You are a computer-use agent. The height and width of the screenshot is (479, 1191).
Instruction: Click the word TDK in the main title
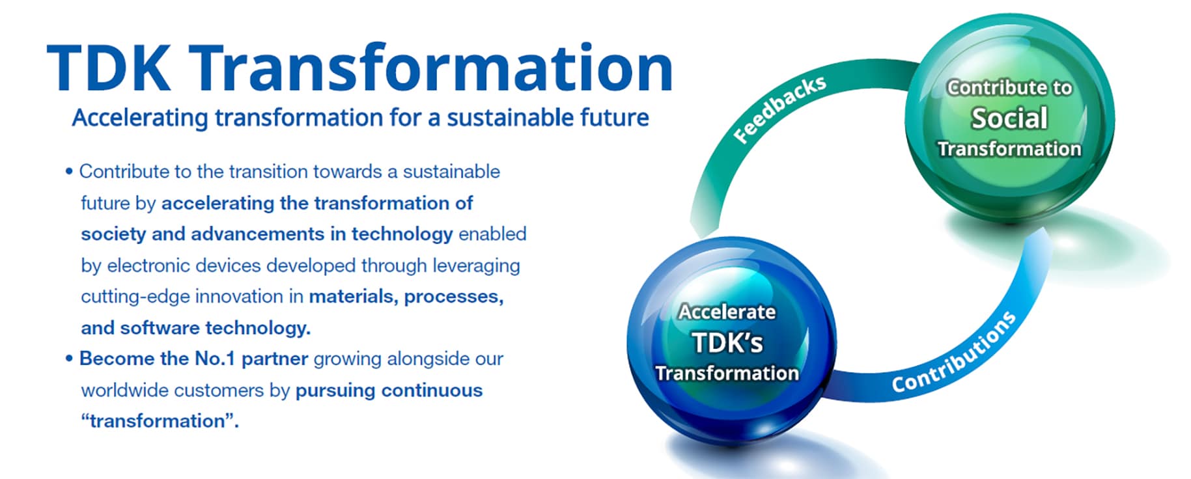coord(109,68)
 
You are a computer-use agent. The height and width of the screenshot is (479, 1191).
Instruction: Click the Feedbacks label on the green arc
coord(779,109)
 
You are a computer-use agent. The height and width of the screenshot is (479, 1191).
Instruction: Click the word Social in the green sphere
coord(1009,118)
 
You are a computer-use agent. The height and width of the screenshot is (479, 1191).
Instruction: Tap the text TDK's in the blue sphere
coord(727,342)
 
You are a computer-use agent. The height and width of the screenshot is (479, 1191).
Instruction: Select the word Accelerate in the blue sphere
coord(727,312)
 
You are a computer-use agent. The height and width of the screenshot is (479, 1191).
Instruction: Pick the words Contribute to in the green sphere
coord(1009,88)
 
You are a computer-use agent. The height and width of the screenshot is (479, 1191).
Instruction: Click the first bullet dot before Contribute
coord(69,172)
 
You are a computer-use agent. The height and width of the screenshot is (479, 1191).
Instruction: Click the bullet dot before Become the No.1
coord(69,359)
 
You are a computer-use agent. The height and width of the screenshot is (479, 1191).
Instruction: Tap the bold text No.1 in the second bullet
coord(215,359)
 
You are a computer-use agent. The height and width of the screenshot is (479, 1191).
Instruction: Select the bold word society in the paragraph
coord(113,234)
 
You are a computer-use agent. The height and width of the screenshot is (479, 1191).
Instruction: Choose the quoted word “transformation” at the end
coord(160,421)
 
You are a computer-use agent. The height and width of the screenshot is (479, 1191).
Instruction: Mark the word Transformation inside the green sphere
coord(1009,149)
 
